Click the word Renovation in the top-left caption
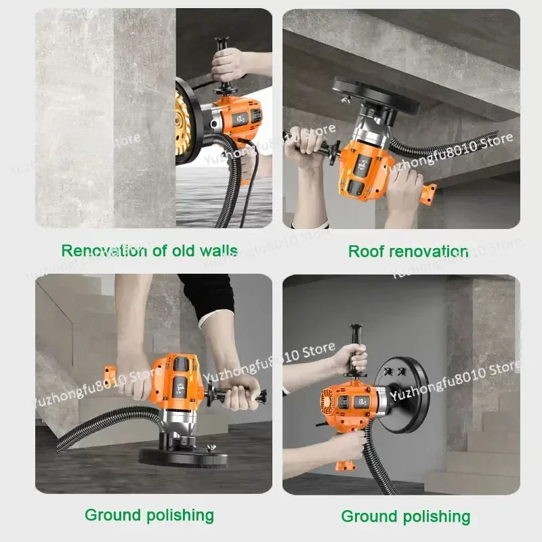tap(104, 251)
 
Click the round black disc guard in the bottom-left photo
tap(183, 456)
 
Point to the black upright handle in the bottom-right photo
tap(355, 349)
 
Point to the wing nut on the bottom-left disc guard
tap(210, 448)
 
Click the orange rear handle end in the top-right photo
tap(429, 194)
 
